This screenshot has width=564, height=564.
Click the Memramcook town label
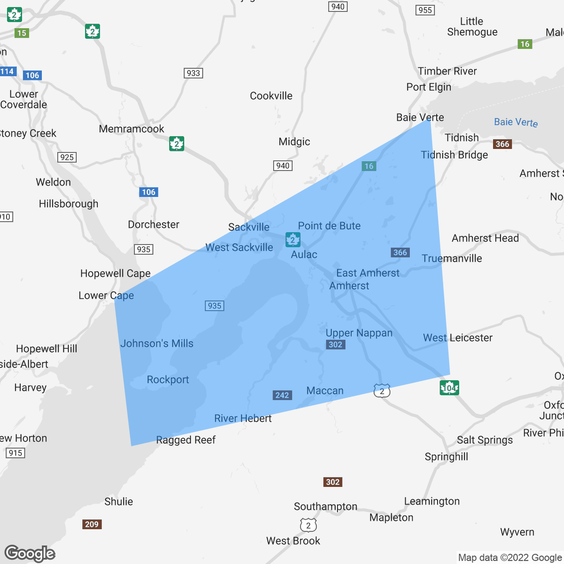(132, 129)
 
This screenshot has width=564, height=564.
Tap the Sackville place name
(249, 227)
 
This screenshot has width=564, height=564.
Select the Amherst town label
(349, 286)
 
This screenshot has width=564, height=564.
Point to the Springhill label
(446, 457)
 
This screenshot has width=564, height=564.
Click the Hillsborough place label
(69, 204)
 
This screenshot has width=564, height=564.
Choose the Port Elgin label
(429, 87)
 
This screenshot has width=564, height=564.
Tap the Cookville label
(271, 96)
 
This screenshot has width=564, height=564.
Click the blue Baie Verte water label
(516, 122)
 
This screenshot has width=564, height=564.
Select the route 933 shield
(193, 73)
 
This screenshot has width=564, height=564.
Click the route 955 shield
(425, 10)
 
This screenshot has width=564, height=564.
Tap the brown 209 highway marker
(92, 524)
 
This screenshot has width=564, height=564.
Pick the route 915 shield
(15, 453)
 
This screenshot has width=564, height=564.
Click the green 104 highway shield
(449, 388)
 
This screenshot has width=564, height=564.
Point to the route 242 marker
(282, 395)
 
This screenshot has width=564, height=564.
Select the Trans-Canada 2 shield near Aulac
(293, 240)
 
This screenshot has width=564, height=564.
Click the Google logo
(30, 554)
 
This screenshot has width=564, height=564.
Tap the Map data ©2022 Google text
(510, 558)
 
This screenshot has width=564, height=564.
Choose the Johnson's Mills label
(157, 344)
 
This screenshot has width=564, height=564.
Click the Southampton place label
(326, 507)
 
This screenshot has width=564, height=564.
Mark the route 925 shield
(67, 157)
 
